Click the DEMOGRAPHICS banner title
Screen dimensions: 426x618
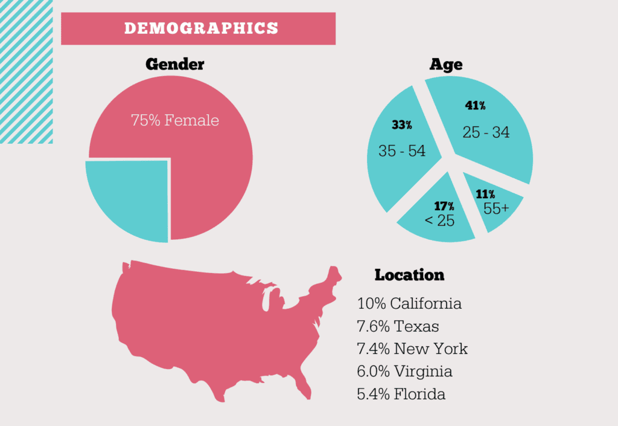pyautogui.click(x=201, y=28)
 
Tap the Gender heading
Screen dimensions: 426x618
pyautogui.click(x=175, y=65)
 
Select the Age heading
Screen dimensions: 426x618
pyautogui.click(x=446, y=65)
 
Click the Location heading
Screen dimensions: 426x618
pyautogui.click(x=409, y=275)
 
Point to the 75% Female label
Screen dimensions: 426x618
pyautogui.click(x=175, y=120)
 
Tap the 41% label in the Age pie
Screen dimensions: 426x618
pyautogui.click(x=475, y=106)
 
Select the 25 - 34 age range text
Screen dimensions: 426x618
pyautogui.click(x=486, y=132)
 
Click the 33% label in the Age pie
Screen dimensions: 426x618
pyautogui.click(x=401, y=125)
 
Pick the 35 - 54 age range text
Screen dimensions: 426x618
pyautogui.click(x=402, y=150)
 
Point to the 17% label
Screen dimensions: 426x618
pyautogui.click(x=444, y=206)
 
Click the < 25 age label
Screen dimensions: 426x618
pyautogui.click(x=439, y=221)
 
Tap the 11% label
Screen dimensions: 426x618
pyautogui.click(x=485, y=195)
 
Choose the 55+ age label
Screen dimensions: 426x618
pyautogui.click(x=496, y=209)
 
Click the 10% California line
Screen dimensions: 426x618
pyautogui.click(x=409, y=303)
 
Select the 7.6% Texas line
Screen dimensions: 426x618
pyautogui.click(x=398, y=326)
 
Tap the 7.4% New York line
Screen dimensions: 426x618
pyautogui.click(x=412, y=349)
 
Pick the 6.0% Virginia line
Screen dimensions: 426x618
pyautogui.click(x=404, y=372)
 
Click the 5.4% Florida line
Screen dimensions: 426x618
pyautogui.click(x=401, y=395)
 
